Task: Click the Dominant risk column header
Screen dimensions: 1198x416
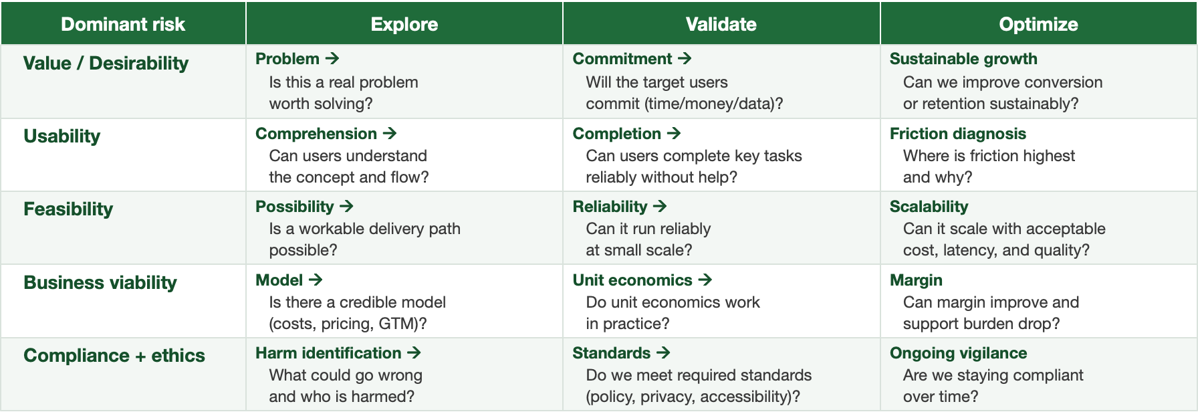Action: (123, 24)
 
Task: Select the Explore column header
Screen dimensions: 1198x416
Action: (404, 24)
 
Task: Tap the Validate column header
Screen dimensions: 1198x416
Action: (721, 24)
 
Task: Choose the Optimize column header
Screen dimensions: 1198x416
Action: (1038, 25)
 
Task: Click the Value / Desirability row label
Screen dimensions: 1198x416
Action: (106, 64)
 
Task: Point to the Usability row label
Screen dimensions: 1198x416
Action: (62, 136)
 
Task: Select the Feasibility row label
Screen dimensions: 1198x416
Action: (68, 209)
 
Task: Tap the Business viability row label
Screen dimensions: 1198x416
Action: (100, 282)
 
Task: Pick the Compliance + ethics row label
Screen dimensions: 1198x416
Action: (114, 355)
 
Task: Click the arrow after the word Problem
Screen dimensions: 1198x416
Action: (332, 59)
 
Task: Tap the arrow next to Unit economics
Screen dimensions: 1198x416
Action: (705, 280)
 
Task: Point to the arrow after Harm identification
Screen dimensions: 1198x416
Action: (414, 352)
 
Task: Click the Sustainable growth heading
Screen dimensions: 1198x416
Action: (963, 59)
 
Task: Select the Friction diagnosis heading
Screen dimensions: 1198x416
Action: (958, 134)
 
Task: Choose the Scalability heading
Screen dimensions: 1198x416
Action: (929, 207)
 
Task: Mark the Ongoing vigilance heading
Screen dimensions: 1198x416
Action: (958, 353)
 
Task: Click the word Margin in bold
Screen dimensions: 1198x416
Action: (916, 280)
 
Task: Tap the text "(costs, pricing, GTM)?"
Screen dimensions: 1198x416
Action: (348, 324)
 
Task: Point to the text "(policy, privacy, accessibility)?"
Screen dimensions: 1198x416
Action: (693, 397)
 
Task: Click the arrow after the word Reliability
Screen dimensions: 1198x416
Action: (660, 207)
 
